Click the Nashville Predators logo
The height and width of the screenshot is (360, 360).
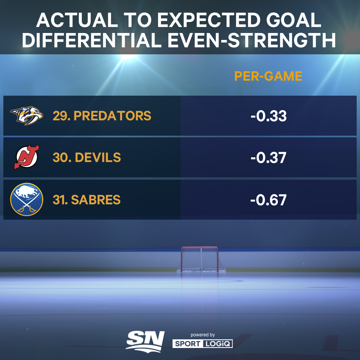[x=27, y=116]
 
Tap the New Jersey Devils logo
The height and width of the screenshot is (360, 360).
[x=27, y=157]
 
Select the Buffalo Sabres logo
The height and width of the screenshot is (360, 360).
[x=27, y=199]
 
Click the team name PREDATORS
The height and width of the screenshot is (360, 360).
[x=112, y=116]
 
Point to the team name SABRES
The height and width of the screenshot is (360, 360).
[x=96, y=200]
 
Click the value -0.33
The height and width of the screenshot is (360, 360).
[x=268, y=116]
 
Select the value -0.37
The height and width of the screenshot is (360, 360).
[x=268, y=158]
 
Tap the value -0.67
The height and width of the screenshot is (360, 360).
[x=268, y=200]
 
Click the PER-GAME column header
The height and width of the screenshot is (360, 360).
[x=268, y=76]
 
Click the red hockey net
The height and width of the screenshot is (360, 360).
[x=200, y=260]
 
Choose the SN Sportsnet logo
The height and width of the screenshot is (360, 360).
[x=145, y=340]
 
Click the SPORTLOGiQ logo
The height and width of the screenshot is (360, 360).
[x=202, y=344]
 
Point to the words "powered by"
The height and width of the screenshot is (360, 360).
[x=203, y=335]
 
